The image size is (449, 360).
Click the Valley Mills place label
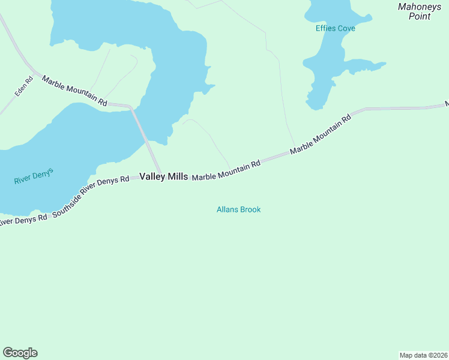click(163, 176)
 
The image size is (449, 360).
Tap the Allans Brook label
click(238, 209)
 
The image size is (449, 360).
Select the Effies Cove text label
click(335, 28)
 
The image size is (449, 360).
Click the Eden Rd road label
click(24, 87)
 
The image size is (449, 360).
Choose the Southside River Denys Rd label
click(91, 196)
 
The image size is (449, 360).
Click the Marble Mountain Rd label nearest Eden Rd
click(74, 91)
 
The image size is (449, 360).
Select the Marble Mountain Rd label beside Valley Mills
click(226, 170)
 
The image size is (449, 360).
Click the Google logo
click(20, 353)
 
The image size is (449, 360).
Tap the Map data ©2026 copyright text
click(423, 355)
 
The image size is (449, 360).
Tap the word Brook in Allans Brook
click(250, 209)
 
